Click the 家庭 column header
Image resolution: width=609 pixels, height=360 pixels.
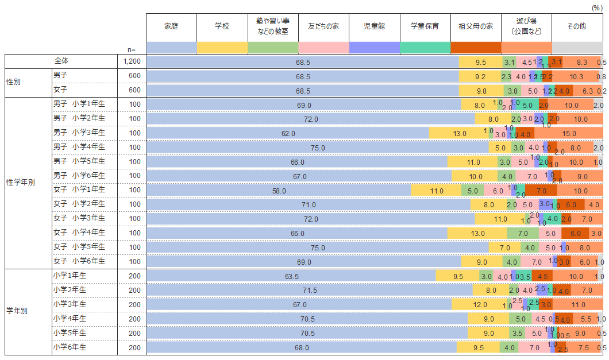[171, 26]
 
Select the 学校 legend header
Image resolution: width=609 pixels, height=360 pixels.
[222, 26]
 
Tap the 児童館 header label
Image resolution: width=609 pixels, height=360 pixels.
[374, 26]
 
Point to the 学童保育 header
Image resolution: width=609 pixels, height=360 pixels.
[425, 26]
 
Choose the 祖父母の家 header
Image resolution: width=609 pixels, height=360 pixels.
[475, 26]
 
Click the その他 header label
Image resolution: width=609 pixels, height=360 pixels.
[576, 26]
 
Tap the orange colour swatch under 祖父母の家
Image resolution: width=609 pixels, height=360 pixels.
[476, 48]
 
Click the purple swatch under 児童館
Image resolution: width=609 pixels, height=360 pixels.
[374, 48]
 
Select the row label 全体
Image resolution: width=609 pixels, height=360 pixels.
[61, 61]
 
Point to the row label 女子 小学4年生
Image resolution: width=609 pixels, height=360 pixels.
[79, 233]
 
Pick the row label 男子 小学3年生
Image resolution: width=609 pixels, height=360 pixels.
[79, 133]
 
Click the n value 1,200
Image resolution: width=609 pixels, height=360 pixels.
[132, 61]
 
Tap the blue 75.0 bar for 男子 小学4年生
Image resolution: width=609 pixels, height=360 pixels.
[318, 148]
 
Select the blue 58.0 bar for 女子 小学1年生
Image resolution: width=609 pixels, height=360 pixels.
[279, 191]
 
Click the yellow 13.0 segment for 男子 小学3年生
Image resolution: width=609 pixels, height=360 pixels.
[459, 133]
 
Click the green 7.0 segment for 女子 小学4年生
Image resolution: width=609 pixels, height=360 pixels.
[523, 233]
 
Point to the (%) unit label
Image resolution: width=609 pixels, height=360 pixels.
[596, 7]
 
